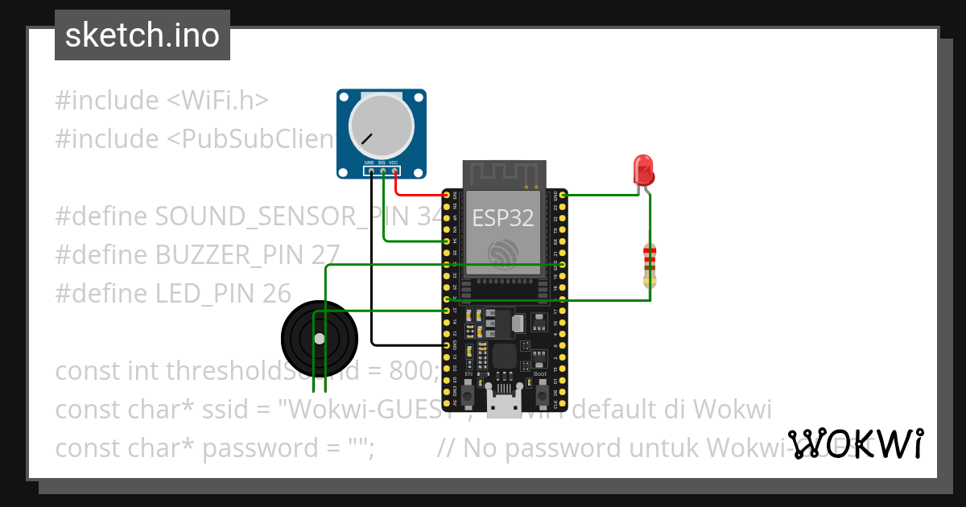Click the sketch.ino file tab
pyautogui.click(x=142, y=35)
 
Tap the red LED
pyautogui.click(x=645, y=170)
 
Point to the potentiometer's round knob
pyautogui.click(x=380, y=128)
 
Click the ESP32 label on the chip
pyautogui.click(x=503, y=217)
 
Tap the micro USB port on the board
pyautogui.click(x=503, y=406)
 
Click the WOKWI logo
pyautogui.click(x=856, y=443)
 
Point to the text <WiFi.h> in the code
pyautogui.click(x=217, y=101)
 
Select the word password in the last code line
pyautogui.click(x=250, y=448)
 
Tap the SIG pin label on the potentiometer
pyautogui.click(x=382, y=163)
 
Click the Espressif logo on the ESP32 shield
pyautogui.click(x=503, y=253)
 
